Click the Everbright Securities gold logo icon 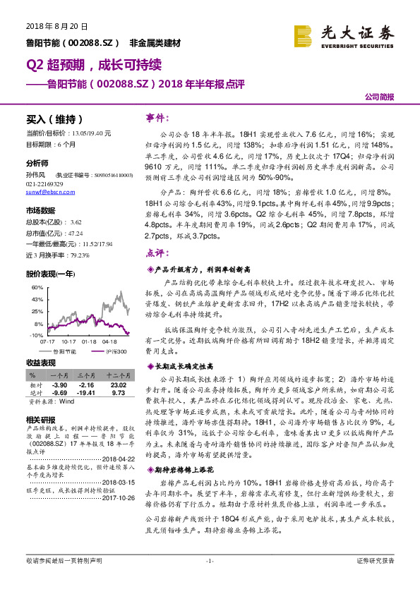click(303, 35)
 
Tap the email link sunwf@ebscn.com click(46, 191)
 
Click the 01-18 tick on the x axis click(89, 340)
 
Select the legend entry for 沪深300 click(113, 350)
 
